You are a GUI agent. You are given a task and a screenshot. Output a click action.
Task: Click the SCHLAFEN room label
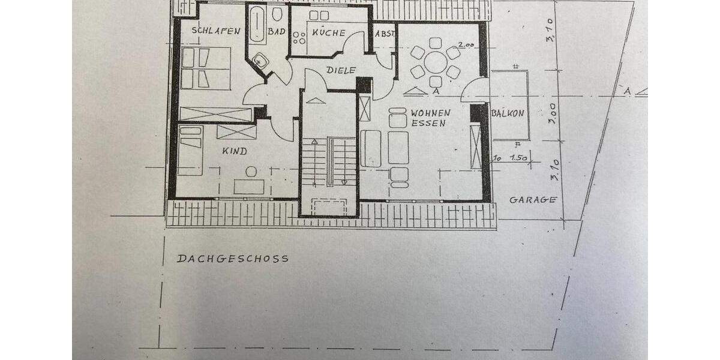(x=216, y=31)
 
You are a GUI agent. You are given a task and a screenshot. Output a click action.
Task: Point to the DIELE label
(x=341, y=70)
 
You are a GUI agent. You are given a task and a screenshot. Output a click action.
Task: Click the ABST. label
(x=385, y=34)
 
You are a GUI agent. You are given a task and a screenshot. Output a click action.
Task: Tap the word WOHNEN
(x=430, y=113)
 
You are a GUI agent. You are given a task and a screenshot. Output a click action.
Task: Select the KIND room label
(x=235, y=151)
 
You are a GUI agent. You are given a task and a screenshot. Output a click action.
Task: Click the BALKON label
(x=508, y=113)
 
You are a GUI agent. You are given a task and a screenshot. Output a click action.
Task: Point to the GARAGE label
(x=533, y=200)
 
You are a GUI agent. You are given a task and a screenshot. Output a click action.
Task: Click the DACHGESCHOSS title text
(x=233, y=259)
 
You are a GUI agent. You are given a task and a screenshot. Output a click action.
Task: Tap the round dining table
(x=436, y=62)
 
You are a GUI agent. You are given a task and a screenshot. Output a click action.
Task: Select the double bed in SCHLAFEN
(x=203, y=68)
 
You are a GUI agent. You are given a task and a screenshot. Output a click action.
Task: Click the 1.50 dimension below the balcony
(x=518, y=158)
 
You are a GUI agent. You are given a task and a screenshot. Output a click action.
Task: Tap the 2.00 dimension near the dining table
(x=464, y=44)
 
